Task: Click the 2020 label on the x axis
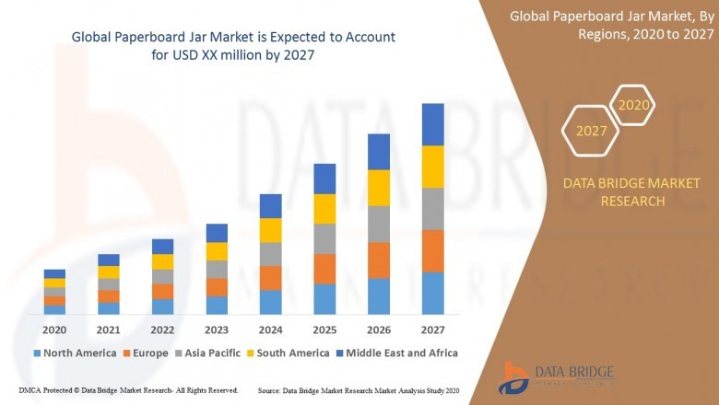pyautogui.click(x=54, y=330)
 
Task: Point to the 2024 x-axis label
pyautogui.click(x=270, y=330)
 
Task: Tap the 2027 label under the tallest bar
pyautogui.click(x=432, y=330)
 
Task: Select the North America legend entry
pyautogui.click(x=75, y=353)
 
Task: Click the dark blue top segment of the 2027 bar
pyautogui.click(x=432, y=124)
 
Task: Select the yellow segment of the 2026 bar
pyautogui.click(x=379, y=188)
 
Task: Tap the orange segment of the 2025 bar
pyautogui.click(x=324, y=269)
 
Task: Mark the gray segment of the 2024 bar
pyautogui.click(x=270, y=254)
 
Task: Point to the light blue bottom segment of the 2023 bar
pyautogui.click(x=217, y=305)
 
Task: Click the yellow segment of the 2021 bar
pyautogui.click(x=109, y=272)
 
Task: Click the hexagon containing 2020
pyautogui.click(x=633, y=105)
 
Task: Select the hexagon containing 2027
pyautogui.click(x=592, y=131)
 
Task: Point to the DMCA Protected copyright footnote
pyautogui.click(x=128, y=390)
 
